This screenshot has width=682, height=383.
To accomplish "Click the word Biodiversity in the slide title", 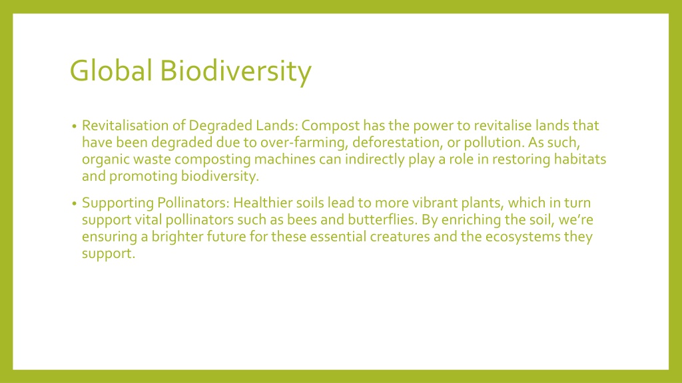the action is point(236,72).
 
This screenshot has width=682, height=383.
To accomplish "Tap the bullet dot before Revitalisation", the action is point(75,126).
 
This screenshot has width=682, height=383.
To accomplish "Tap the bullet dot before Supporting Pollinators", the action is point(75,203).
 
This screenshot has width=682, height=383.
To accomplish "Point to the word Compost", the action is point(330,126).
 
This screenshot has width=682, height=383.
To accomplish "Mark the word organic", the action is point(105,160).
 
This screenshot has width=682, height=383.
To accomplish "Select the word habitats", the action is point(580,160).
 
